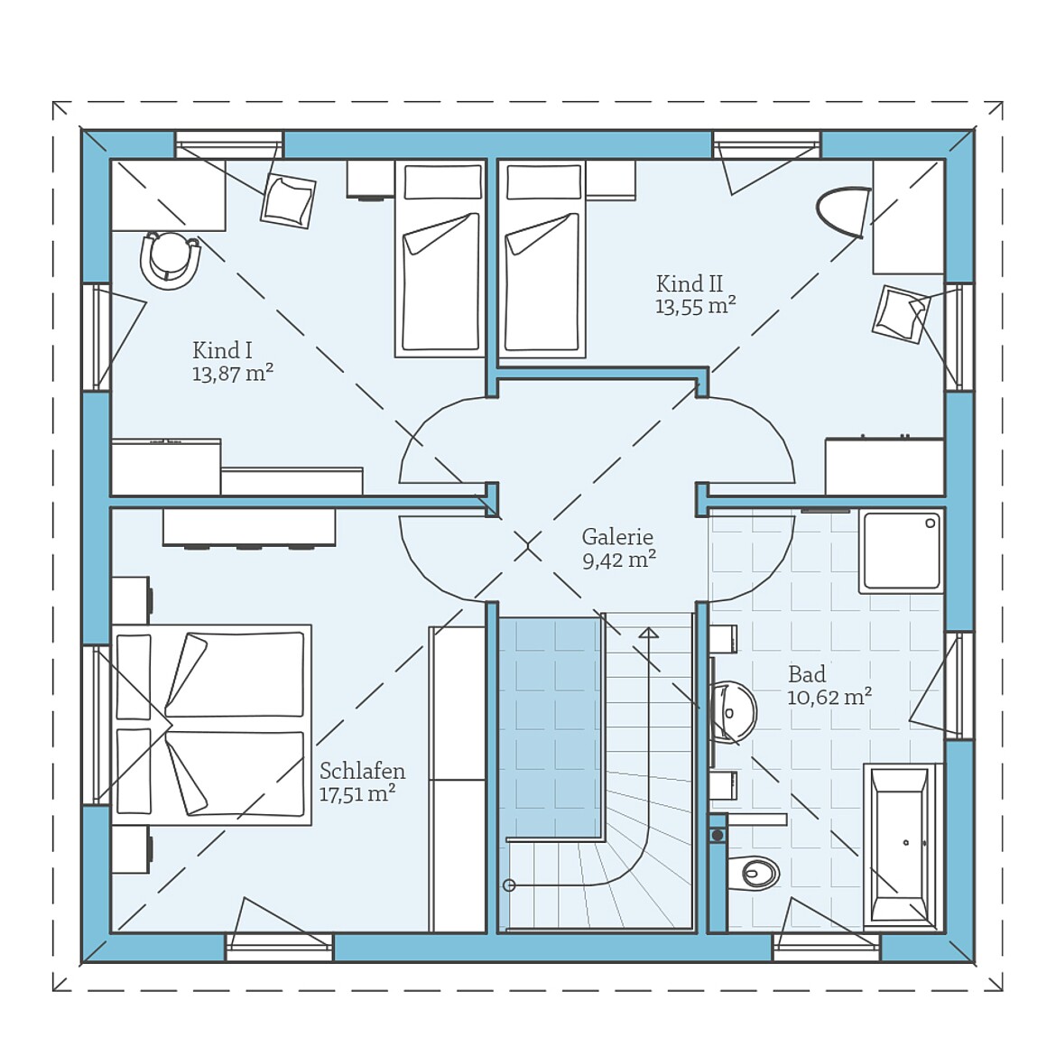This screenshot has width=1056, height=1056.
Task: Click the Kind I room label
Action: [222, 351]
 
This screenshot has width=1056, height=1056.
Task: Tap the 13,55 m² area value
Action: [696, 307]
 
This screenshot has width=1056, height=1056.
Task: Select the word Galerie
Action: [617, 537]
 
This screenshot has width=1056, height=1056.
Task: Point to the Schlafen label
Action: [362, 771]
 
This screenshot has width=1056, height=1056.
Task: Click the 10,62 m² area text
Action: [829, 697]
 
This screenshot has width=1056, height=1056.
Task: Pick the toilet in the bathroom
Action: [754, 874]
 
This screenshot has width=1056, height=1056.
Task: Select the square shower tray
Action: [901, 551]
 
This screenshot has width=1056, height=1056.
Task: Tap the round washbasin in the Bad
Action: [734, 712]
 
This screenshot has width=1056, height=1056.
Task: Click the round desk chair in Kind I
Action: [171, 260]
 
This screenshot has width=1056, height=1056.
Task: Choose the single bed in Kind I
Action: [440, 258]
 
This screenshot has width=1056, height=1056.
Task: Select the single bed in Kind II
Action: [542, 258]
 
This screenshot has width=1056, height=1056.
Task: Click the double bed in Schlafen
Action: [211, 725]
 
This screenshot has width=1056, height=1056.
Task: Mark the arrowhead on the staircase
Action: [649, 633]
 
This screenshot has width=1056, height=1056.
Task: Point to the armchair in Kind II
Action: [901, 314]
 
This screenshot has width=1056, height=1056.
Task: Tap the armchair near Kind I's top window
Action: [288, 200]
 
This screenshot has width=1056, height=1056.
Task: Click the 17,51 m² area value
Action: [357, 794]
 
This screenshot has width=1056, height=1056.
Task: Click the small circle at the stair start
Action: [509, 885]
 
